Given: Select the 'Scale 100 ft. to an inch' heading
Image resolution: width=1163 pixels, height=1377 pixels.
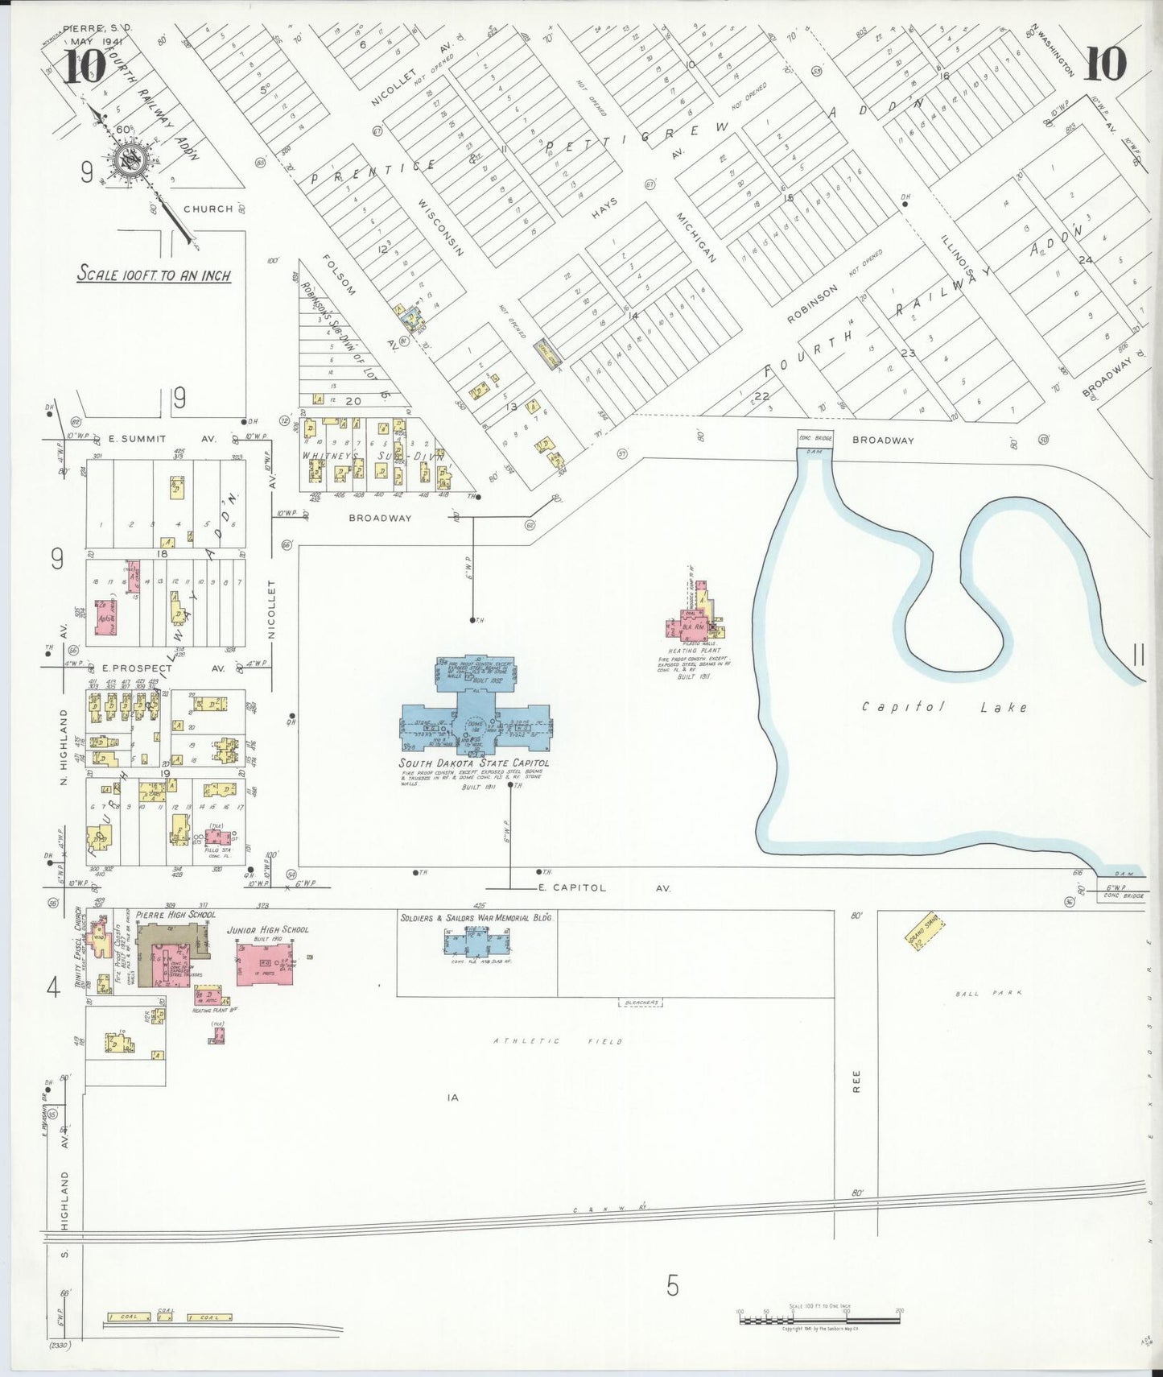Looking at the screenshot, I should click(154, 274).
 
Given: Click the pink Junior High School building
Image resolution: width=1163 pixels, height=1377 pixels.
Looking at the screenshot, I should click(264, 965).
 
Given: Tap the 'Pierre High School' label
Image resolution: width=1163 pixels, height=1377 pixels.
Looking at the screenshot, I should click(175, 915).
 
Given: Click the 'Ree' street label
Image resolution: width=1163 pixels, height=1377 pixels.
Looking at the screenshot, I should click(856, 1081).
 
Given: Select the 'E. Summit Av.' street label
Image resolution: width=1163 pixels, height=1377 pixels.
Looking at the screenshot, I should click(161, 439).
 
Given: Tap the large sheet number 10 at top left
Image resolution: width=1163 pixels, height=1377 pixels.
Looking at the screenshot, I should click(84, 66).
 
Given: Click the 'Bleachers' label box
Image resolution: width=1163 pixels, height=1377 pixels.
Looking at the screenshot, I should click(641, 1003).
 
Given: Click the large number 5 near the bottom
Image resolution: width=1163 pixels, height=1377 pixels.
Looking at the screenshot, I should click(673, 1286).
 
